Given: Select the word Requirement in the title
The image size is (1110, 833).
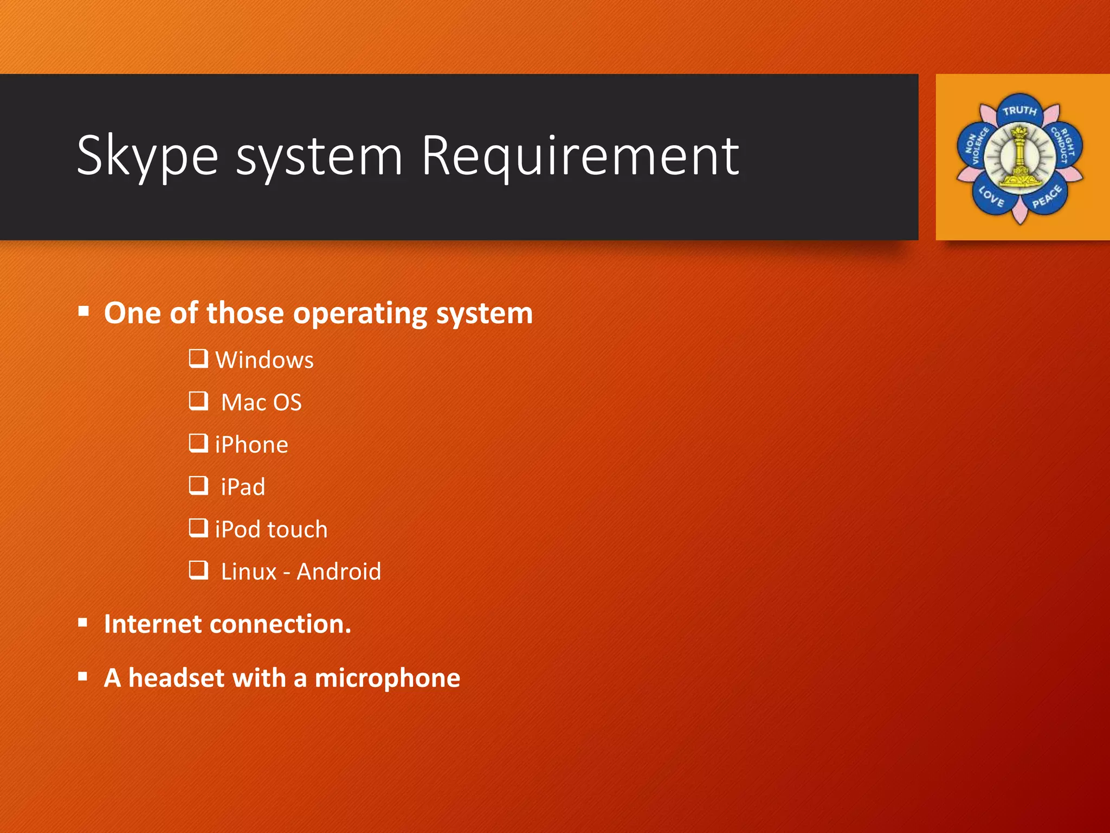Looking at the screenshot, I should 580,157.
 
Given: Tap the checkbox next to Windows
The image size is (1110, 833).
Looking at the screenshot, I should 198,358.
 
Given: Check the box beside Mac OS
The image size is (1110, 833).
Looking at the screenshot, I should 198,401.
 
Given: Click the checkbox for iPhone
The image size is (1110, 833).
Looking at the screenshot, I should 198,443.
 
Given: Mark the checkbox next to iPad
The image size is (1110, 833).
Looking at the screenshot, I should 198,485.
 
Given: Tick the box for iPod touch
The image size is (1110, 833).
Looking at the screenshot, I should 198,528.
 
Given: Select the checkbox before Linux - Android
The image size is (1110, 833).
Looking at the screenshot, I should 198,570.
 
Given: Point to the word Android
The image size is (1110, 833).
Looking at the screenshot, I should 339,572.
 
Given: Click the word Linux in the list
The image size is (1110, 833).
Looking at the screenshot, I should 249,572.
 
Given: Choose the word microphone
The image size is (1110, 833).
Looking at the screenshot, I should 387,678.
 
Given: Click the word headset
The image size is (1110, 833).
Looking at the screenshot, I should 176,678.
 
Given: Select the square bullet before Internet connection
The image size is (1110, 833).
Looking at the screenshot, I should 83,623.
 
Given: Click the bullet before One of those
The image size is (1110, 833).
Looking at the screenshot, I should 83,311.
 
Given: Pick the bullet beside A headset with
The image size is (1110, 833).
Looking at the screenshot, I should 83,676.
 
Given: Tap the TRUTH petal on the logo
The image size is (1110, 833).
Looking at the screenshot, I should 1019,111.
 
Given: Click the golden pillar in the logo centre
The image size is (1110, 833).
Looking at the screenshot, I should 1019,157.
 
